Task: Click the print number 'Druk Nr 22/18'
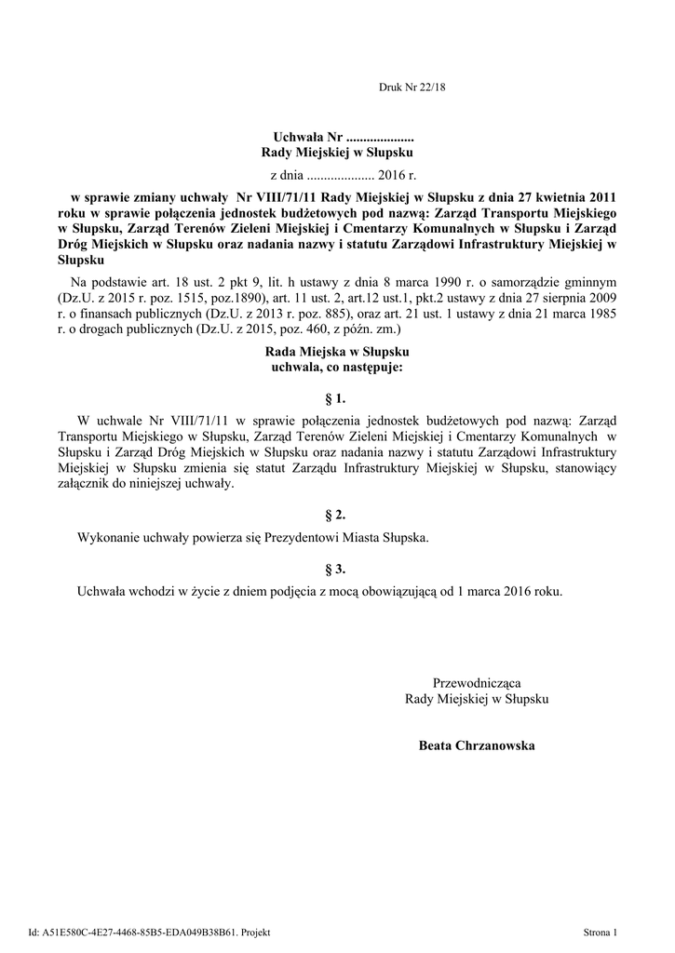tap(407, 87)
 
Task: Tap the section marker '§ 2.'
tap(336, 515)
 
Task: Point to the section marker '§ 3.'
tap(336, 568)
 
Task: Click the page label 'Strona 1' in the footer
tap(600, 932)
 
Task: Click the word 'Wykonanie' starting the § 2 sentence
tap(106, 538)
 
